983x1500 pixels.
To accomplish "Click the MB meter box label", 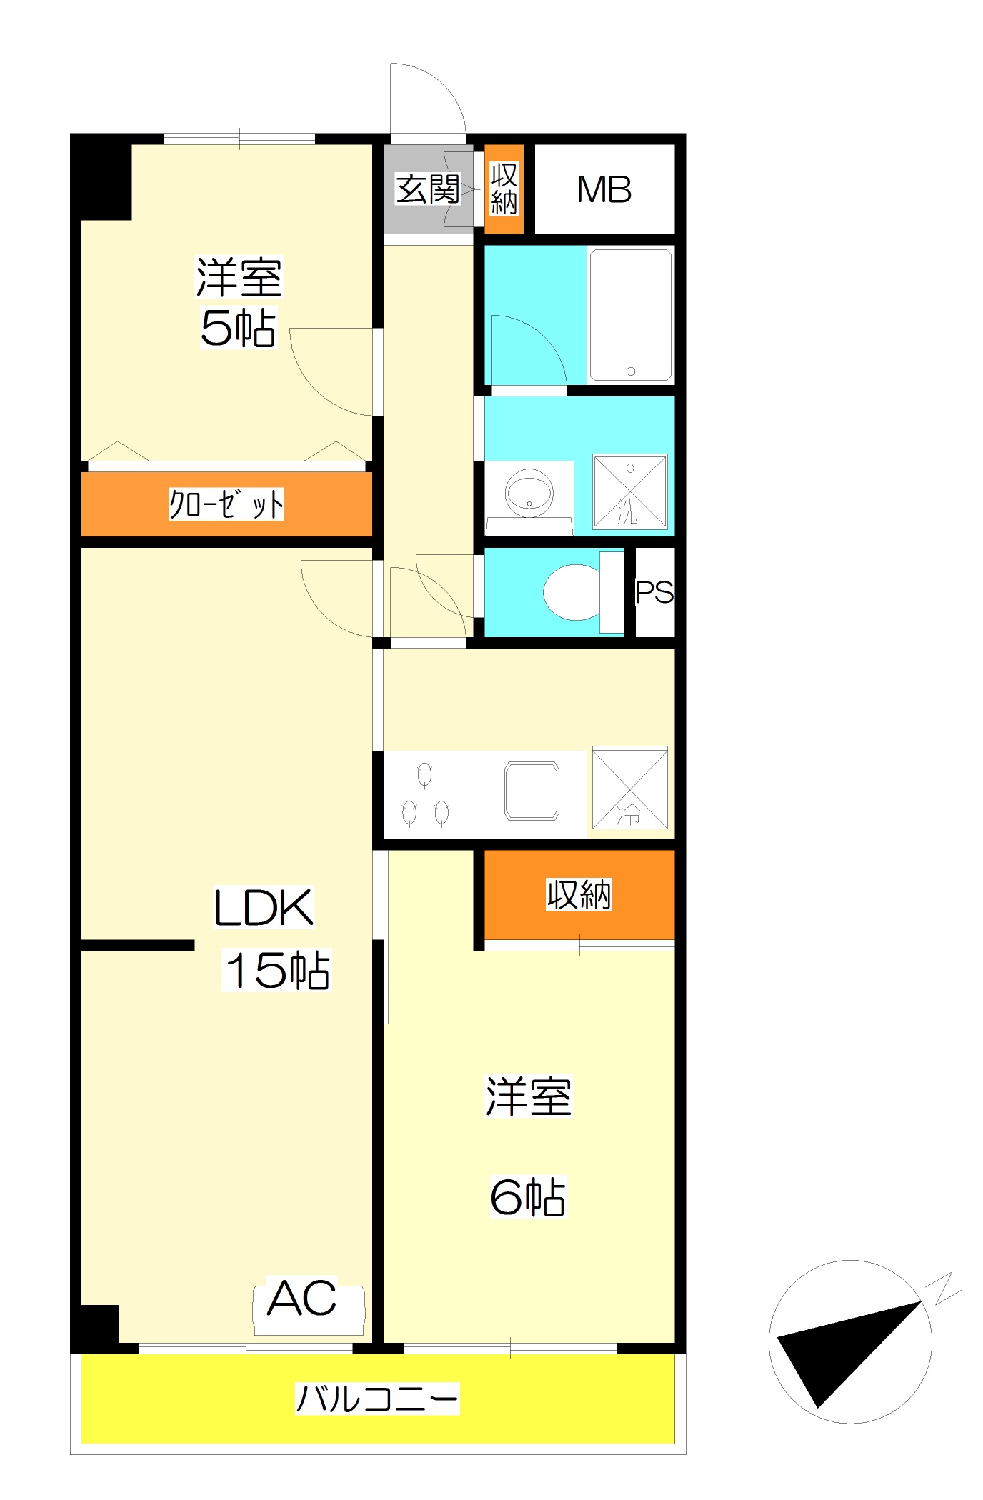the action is coord(604,190).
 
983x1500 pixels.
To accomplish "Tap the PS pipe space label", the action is coord(654,592).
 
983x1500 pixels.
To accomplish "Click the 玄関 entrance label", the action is coord(428,189).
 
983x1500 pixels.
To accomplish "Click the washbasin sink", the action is coord(529,491).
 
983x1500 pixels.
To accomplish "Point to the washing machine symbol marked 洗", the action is coord(630,492).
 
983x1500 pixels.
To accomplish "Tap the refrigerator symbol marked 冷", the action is coord(630,788).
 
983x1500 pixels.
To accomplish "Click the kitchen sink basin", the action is coord(532,791).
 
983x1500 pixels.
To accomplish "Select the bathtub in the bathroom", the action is coord(631,315).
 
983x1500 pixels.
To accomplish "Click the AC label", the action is coord(302,1298).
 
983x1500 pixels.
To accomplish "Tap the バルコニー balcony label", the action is coord(377,1399).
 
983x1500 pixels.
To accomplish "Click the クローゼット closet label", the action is coord(226,504).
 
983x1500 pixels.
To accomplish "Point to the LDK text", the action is coord(264,907).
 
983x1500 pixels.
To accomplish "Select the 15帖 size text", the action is coord(278,970).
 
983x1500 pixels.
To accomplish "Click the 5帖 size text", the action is coord(239,329).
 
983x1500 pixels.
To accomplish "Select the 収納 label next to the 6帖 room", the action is coord(579,894).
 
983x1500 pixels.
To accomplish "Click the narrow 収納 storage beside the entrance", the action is coord(504,189).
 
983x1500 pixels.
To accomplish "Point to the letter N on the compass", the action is coord(943,1287).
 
